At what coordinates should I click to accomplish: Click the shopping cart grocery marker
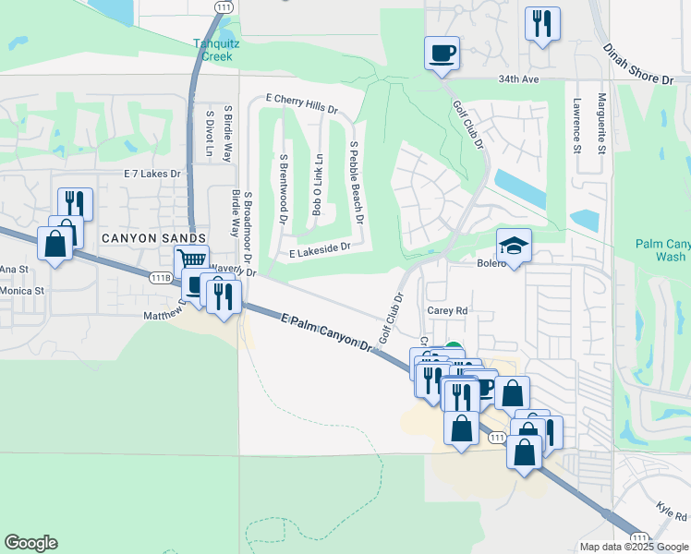click(190, 261)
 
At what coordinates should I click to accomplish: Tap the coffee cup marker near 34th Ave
click(442, 52)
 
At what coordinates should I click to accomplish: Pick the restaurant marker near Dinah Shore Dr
click(542, 23)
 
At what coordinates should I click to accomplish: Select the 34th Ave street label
click(517, 79)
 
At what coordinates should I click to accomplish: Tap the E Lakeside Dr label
click(320, 248)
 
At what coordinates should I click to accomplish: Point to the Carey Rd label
click(448, 311)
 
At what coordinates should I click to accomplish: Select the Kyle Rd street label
click(672, 511)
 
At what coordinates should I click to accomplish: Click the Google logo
click(30, 543)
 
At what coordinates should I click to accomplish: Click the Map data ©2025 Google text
click(633, 547)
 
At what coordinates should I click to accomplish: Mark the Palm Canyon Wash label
click(662, 250)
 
